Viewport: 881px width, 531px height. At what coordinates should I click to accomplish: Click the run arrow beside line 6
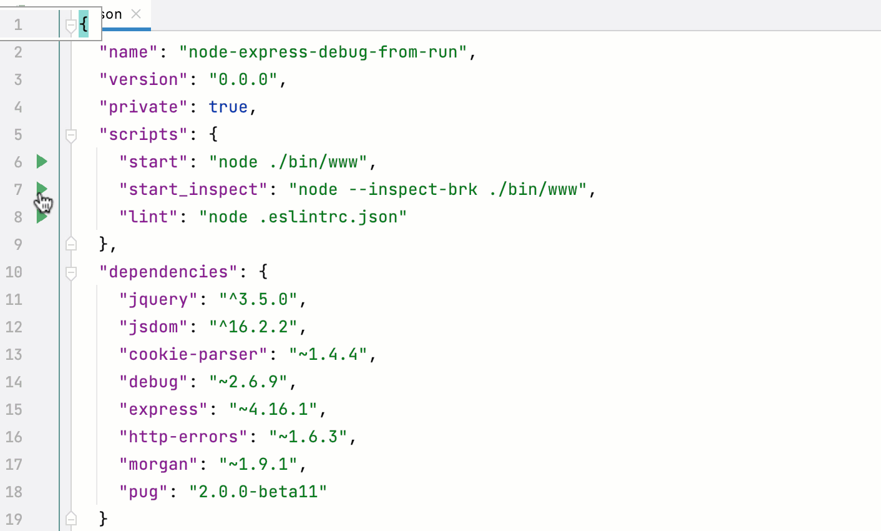(x=42, y=162)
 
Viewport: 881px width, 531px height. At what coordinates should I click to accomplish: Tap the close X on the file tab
(x=136, y=14)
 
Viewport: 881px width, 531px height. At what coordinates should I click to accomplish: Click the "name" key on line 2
(x=129, y=52)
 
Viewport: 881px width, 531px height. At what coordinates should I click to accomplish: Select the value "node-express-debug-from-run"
(x=323, y=52)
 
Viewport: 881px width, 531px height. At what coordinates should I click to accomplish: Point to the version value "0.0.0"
(x=243, y=79)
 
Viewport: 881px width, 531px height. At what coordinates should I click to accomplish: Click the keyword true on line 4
(x=228, y=107)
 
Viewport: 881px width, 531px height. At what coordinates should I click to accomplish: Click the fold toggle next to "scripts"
(x=71, y=135)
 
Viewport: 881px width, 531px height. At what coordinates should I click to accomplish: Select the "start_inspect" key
(x=193, y=189)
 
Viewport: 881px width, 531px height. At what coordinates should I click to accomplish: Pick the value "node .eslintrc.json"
(x=303, y=217)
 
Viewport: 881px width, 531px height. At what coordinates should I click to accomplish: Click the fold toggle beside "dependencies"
(x=71, y=272)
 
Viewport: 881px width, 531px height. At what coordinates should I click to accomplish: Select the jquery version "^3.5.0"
(x=258, y=299)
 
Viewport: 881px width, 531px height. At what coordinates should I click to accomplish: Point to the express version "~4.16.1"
(x=273, y=409)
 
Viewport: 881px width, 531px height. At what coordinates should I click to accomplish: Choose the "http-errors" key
(x=183, y=437)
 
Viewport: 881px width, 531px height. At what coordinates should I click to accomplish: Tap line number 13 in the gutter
(x=14, y=354)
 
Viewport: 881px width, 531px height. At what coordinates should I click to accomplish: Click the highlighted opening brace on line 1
(x=84, y=24)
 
